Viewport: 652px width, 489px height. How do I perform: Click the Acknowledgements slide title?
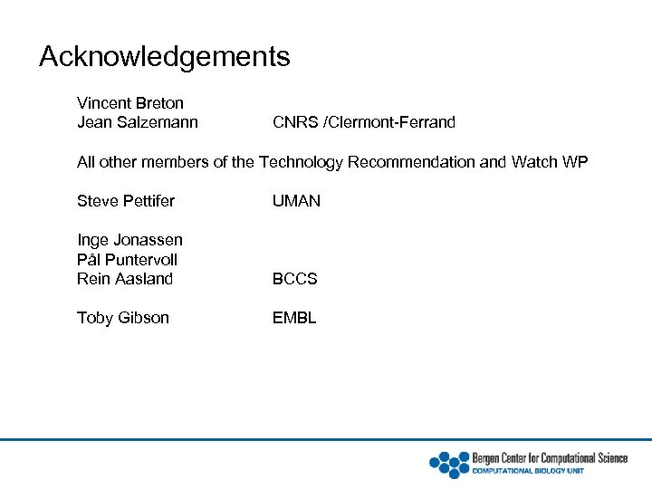coord(164,57)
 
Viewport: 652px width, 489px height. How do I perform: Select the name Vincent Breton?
coord(130,103)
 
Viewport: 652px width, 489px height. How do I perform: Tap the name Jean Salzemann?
coord(138,122)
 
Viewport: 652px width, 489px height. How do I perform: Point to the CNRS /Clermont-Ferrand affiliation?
coord(363,122)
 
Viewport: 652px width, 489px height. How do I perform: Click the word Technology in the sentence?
coord(302,162)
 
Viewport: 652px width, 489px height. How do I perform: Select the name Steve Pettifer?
coord(126,201)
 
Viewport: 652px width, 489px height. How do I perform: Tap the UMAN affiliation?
coord(296,201)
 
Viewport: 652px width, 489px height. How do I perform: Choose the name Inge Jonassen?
coord(129,240)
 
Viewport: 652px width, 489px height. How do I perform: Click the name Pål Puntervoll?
coord(127,260)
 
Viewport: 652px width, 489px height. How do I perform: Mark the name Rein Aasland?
coord(125,279)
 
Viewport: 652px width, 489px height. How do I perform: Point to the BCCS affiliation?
coord(294,279)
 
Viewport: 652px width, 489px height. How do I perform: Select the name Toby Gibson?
coord(122,318)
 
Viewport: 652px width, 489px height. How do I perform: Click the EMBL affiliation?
coord(294,318)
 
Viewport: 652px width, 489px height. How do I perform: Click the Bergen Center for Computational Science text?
coord(550,458)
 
